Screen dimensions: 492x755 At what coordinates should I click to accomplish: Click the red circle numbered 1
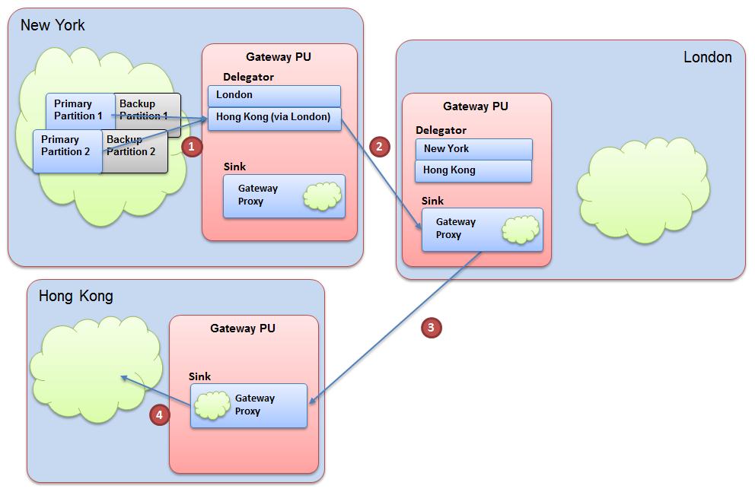point(192,146)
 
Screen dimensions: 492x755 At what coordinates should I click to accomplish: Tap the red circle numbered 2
point(378,146)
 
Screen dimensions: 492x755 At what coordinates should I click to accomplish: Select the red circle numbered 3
point(431,328)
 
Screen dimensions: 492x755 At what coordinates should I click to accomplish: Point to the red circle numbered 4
point(159,414)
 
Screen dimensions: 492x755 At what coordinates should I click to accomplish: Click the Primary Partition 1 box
point(78,110)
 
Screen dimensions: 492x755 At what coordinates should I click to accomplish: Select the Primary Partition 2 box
point(66,146)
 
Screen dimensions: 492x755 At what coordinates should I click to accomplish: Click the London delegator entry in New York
point(274,96)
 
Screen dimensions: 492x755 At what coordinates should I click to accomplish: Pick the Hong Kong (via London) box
point(274,117)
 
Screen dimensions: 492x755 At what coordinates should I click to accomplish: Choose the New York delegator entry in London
point(473,149)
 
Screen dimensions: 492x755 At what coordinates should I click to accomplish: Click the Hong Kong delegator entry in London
point(473,170)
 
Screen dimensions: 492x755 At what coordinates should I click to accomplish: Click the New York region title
point(53,25)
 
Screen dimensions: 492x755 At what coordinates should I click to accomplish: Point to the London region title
point(707,57)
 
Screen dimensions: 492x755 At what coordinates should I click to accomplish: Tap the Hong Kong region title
point(75,296)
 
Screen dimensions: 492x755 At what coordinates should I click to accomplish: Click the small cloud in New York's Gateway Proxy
point(322,195)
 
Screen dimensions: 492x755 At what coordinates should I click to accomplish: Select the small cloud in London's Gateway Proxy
point(520,229)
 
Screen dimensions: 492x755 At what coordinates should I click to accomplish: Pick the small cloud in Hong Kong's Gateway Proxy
point(212,405)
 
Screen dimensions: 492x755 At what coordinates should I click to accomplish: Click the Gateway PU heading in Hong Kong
point(243,329)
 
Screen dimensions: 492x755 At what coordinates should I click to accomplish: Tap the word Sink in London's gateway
point(432,201)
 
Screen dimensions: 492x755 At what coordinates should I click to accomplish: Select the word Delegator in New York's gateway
point(248,77)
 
